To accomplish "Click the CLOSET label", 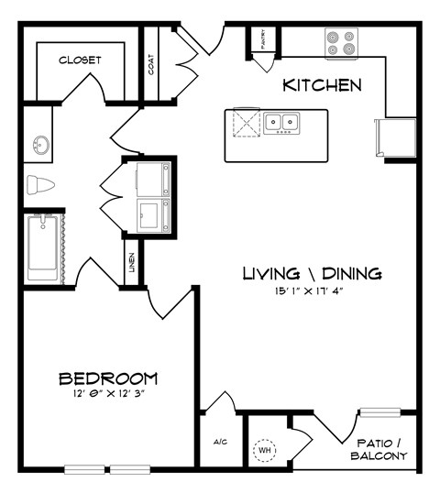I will pyautogui.click(x=80, y=60).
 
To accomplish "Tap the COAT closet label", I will pyautogui.click(x=150, y=65).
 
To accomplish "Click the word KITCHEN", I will pyautogui.click(x=321, y=86).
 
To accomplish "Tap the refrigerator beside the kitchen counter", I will pyautogui.click(x=391, y=137).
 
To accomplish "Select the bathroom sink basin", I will pyautogui.click(x=40, y=145).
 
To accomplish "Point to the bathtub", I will pyautogui.click(x=42, y=247).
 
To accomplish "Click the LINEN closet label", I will pyautogui.click(x=132, y=262).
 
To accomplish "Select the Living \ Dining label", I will pyautogui.click(x=312, y=274).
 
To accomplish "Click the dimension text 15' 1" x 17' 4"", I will pyautogui.click(x=312, y=293).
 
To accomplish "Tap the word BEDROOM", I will pyautogui.click(x=108, y=378).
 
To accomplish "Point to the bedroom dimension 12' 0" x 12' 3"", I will pyautogui.click(x=108, y=396).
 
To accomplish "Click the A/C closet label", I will pyautogui.click(x=220, y=443).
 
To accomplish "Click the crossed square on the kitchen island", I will pyautogui.click(x=246, y=123).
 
